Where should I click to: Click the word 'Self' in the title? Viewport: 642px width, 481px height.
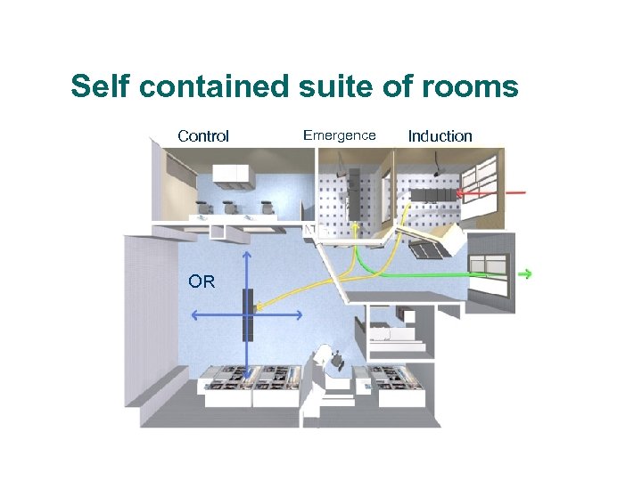click(x=101, y=87)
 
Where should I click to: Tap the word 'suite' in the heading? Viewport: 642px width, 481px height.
click(x=332, y=87)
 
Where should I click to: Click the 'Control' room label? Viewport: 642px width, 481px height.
click(x=203, y=136)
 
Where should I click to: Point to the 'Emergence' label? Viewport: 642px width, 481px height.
click(x=340, y=135)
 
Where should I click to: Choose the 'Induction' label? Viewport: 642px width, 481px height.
click(x=440, y=136)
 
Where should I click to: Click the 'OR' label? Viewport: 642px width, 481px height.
click(x=202, y=282)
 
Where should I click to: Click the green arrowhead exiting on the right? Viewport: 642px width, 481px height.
click(x=526, y=274)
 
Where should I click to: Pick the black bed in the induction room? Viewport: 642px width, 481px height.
click(x=430, y=195)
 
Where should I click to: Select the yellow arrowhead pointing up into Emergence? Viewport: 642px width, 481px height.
click(x=355, y=227)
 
